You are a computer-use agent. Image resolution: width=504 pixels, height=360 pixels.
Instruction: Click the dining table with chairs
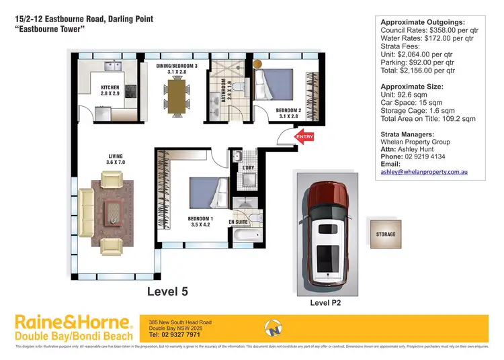tap(177, 95)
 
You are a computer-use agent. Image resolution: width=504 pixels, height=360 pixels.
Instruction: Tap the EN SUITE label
tap(240, 221)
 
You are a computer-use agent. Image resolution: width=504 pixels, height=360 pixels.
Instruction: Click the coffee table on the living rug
tap(112, 212)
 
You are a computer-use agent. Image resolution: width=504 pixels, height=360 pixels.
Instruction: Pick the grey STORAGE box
tap(386, 234)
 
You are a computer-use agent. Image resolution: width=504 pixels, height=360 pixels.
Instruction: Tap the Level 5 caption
tap(169, 291)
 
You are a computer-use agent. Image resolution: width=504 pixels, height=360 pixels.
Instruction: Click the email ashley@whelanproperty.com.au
tap(423, 173)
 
